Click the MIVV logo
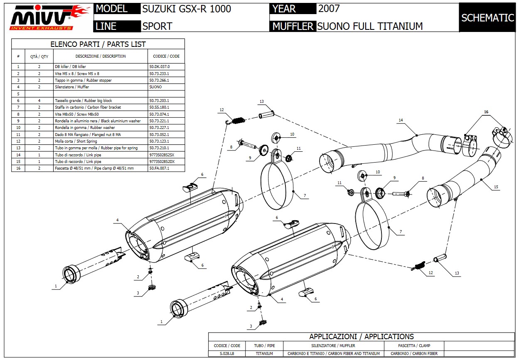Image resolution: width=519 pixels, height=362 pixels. click(49, 17)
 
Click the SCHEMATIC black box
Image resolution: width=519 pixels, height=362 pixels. click(487, 17)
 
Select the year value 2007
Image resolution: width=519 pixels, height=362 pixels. click(329, 8)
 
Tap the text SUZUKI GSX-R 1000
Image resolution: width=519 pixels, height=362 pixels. click(187, 9)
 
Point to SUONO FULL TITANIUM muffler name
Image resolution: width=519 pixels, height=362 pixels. click(370, 26)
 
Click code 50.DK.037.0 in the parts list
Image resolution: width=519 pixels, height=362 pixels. click(159, 66)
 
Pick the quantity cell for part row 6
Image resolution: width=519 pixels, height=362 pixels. click(39, 101)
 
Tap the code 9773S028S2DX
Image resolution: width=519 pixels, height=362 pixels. click(161, 162)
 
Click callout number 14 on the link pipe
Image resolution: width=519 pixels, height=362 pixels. click(401, 120)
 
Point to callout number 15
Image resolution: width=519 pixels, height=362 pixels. click(496, 187)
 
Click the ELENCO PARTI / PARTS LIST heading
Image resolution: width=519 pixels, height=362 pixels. click(98, 44)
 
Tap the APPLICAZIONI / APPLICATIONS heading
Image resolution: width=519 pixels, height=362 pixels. click(361, 337)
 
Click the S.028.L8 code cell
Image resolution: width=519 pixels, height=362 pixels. click(226, 354)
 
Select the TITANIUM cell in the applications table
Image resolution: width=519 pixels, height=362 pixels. click(264, 354)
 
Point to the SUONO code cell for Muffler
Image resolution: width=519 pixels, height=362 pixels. click(155, 87)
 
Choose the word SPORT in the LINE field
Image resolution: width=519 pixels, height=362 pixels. click(157, 26)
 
